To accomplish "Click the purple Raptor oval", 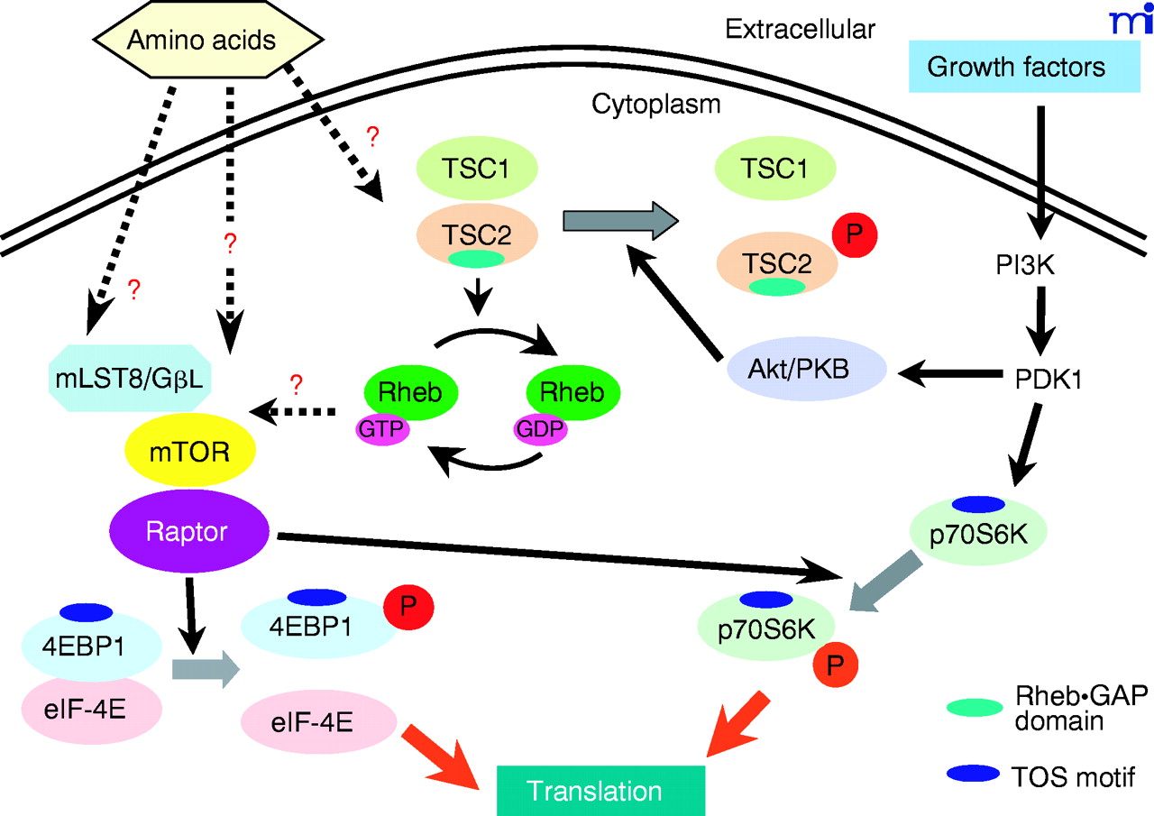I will click(188, 533).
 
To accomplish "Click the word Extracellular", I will click(800, 30).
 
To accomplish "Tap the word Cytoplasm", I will click(655, 104).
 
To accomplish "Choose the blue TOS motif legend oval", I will click(972, 773).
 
